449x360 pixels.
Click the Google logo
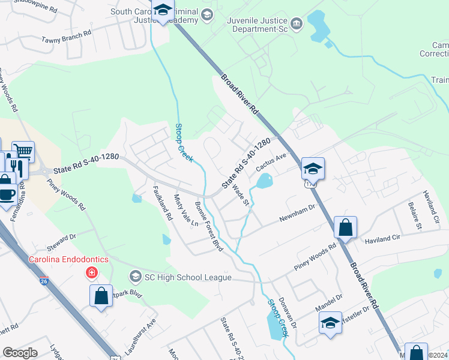point(20,353)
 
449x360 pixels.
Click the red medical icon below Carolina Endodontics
point(91,273)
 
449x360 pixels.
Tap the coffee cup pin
point(7,194)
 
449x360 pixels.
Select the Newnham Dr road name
point(297,213)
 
